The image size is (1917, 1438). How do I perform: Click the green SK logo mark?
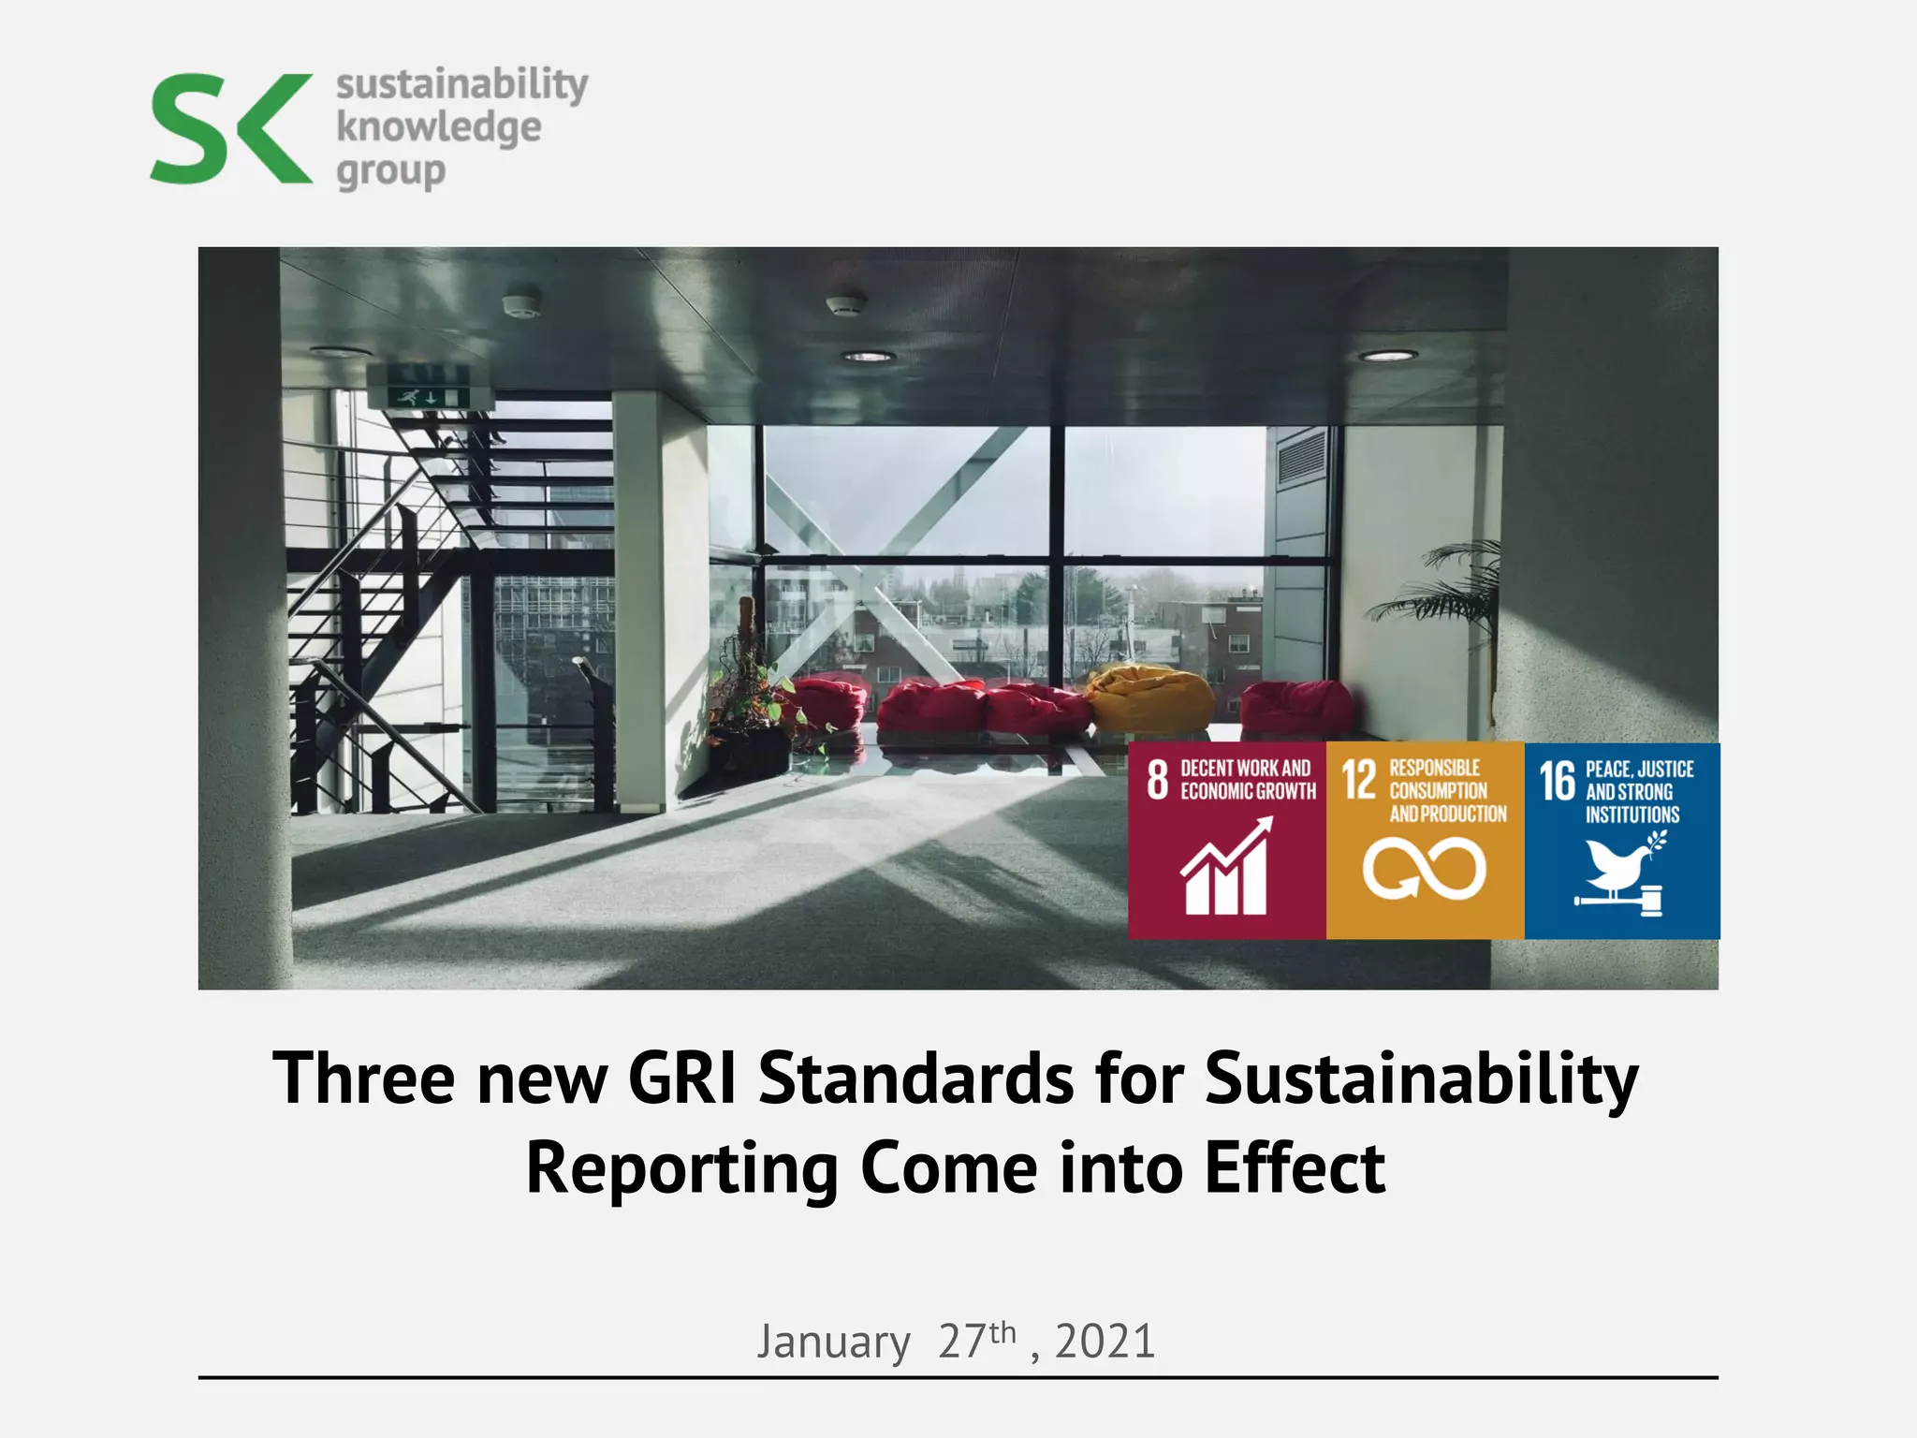[x=231, y=128]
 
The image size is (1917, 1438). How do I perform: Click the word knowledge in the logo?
[x=438, y=127]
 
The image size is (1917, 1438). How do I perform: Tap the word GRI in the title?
[x=681, y=1078]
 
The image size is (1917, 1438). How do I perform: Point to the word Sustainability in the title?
[x=1421, y=1078]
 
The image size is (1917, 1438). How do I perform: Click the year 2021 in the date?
[x=1105, y=1342]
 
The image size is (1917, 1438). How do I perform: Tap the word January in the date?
[x=833, y=1343]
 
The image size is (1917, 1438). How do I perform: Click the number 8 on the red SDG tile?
[x=1158, y=780]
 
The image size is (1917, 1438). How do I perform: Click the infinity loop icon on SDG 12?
[x=1424, y=868]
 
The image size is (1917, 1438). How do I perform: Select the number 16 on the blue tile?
[x=1558, y=782]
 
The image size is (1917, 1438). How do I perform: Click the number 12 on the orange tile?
[x=1359, y=781]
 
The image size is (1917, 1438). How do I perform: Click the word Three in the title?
[x=364, y=1078]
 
